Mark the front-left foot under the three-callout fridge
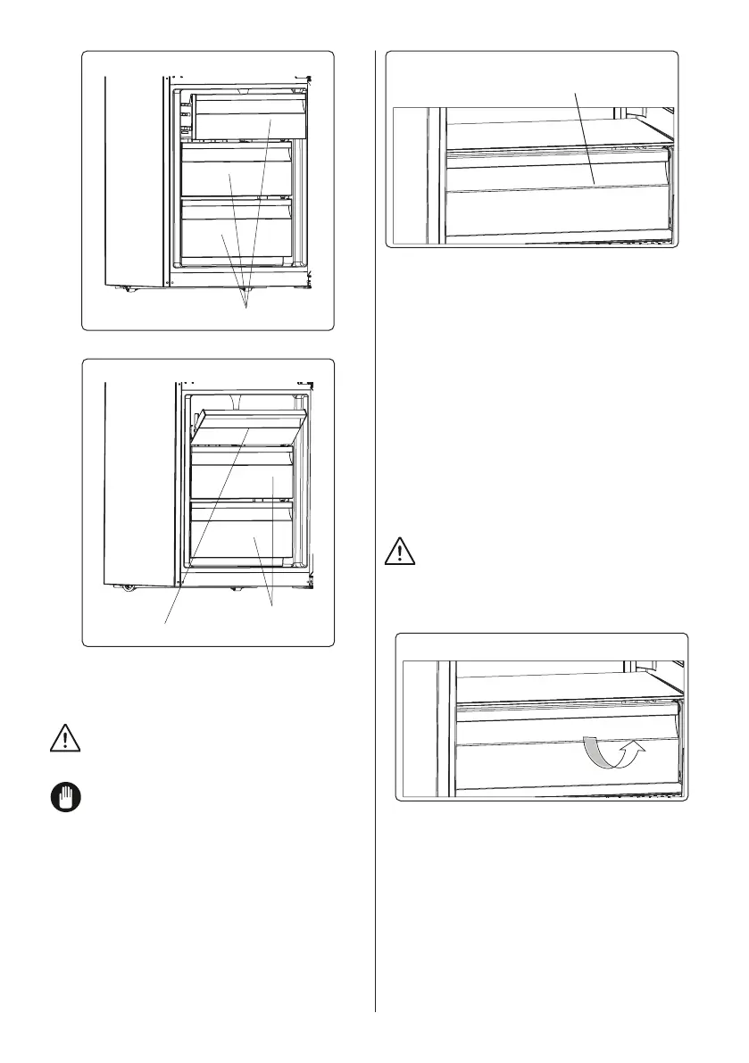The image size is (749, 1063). click(127, 287)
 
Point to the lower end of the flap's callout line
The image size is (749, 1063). click(166, 621)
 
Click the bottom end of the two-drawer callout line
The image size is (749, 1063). click(271, 606)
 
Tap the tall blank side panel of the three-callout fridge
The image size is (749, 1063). click(134, 179)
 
